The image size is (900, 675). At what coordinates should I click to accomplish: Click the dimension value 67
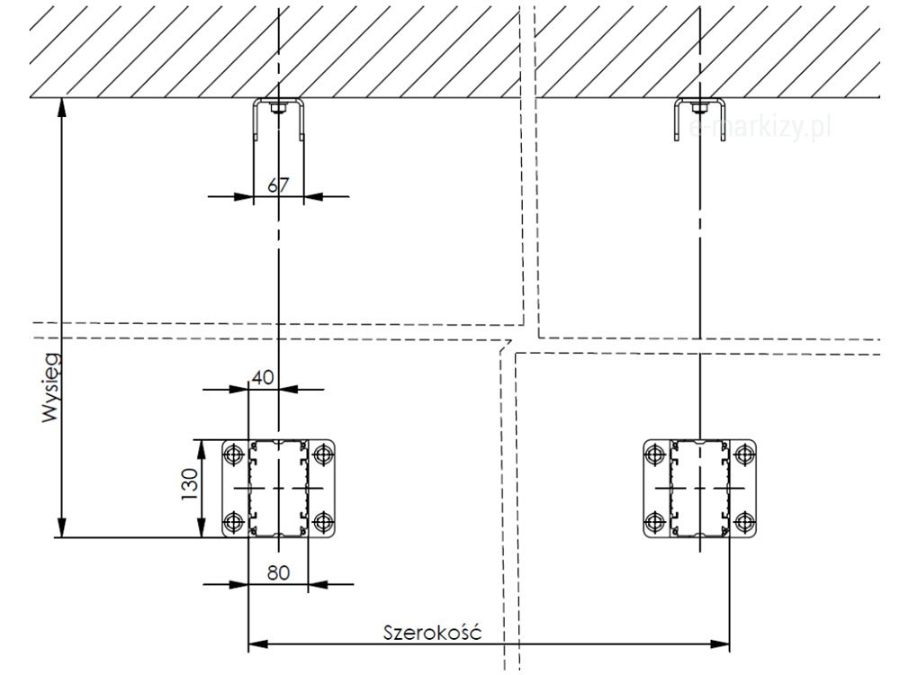click(x=278, y=184)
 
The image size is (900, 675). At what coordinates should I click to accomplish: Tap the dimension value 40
click(x=263, y=377)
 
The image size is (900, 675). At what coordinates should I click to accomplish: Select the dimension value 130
click(x=189, y=484)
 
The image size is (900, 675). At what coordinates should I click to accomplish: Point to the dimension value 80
click(x=278, y=572)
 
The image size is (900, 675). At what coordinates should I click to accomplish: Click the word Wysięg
click(x=51, y=387)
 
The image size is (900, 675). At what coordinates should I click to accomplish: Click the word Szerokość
click(x=432, y=632)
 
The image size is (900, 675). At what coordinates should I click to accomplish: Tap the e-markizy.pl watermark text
click(x=760, y=128)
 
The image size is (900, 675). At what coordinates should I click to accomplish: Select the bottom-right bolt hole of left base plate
click(x=323, y=522)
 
